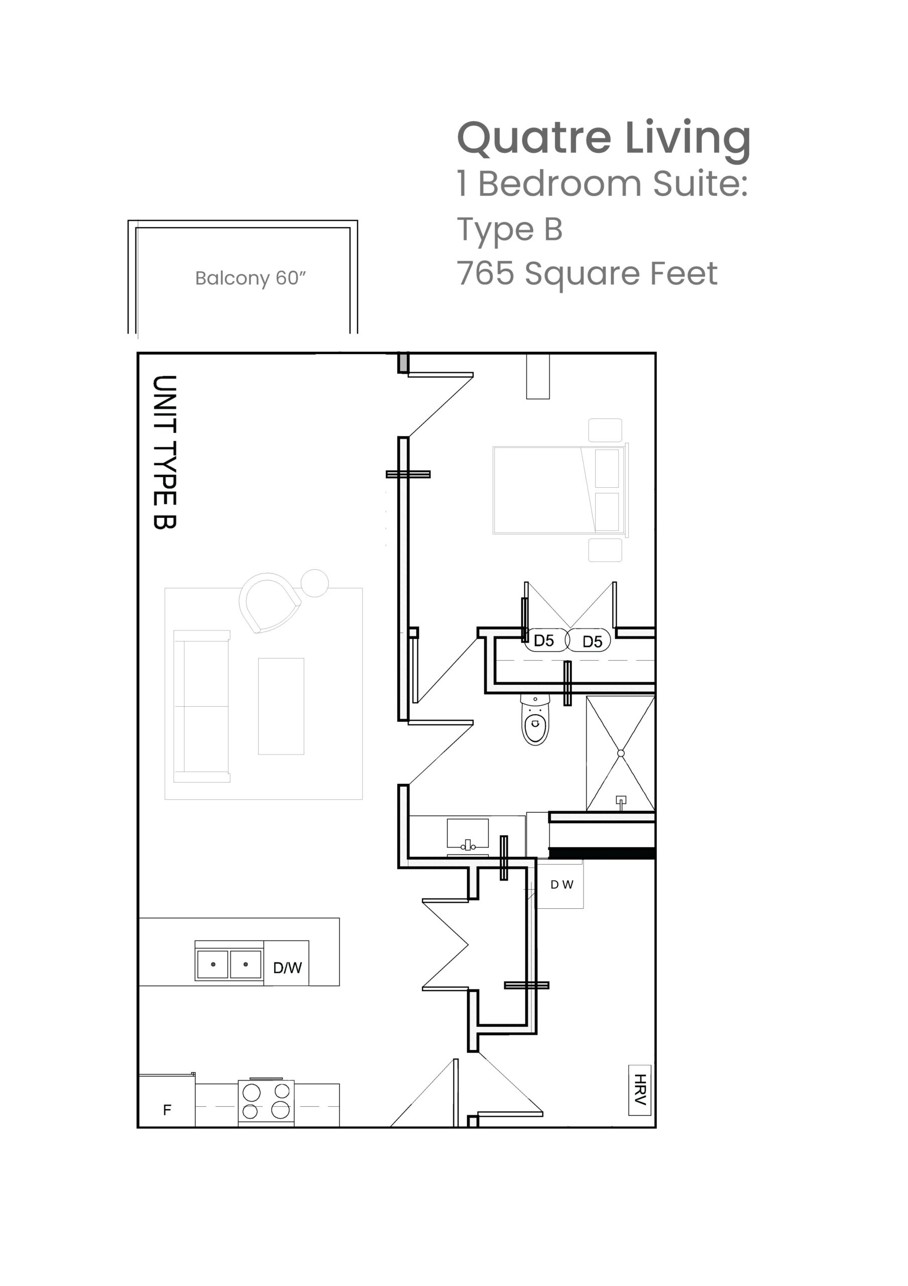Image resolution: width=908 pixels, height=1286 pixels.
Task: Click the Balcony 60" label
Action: [250, 278]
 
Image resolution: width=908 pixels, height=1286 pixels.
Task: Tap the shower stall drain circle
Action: [620, 754]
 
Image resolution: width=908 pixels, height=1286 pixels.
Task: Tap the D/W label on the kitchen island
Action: [287, 968]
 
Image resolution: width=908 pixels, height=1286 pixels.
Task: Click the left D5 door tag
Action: [544, 640]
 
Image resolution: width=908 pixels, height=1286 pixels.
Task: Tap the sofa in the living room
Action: [201, 706]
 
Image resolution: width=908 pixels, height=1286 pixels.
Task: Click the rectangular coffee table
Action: [281, 706]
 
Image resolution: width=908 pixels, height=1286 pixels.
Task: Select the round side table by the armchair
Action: [314, 583]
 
